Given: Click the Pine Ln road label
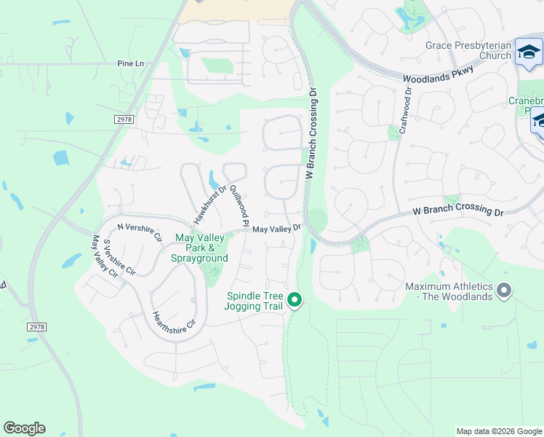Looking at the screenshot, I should (x=131, y=64).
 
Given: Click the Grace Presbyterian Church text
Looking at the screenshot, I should (x=468, y=50).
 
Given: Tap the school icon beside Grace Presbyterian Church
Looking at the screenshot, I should (x=529, y=53).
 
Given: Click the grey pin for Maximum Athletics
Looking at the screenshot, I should (x=504, y=292).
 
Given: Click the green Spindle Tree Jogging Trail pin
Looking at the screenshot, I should (x=295, y=299).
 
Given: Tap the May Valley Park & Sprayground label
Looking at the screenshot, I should (x=199, y=248).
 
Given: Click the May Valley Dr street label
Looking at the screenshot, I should (x=276, y=229).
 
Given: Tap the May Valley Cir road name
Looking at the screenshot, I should (x=105, y=257).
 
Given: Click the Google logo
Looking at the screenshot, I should (x=24, y=428).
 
